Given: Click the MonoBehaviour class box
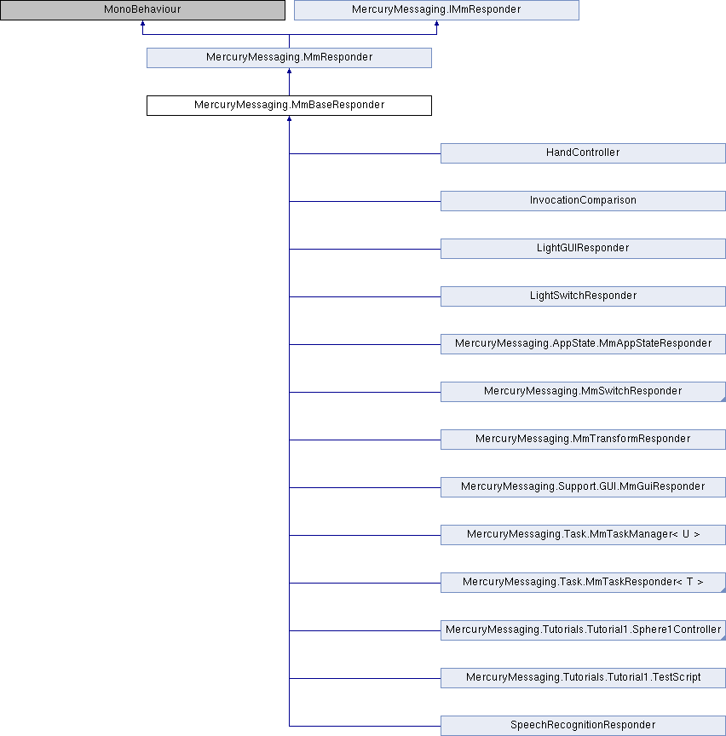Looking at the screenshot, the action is click(143, 10).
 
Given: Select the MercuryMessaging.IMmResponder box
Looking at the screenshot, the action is click(437, 10).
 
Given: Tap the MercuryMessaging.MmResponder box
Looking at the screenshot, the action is click(289, 58).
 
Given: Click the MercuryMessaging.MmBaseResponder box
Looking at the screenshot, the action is click(289, 106).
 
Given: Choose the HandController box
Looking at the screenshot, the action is click(583, 153).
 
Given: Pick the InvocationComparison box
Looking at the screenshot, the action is click(583, 201).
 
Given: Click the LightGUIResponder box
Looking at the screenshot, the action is click(583, 249).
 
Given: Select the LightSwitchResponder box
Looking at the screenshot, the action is click(583, 296).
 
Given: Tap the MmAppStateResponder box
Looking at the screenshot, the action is click(583, 344).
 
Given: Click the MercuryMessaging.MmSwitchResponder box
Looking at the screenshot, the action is click(583, 392).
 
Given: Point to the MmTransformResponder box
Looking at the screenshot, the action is click(583, 440).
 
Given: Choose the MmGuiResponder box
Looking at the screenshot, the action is click(583, 487).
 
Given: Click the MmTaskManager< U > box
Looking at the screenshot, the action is click(583, 535).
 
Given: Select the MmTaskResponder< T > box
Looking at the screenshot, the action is click(583, 583).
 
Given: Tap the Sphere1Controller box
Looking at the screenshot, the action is click(583, 630).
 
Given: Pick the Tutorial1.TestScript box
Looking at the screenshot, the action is click(583, 678).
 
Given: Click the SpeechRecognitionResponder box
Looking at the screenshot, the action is click(583, 726).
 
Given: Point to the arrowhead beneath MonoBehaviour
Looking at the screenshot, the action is click(143, 24).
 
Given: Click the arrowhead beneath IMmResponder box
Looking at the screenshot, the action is click(437, 24).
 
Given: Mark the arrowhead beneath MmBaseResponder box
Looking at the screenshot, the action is click(289, 119).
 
